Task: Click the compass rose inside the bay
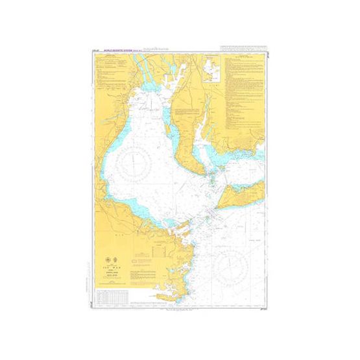click(138, 158)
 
